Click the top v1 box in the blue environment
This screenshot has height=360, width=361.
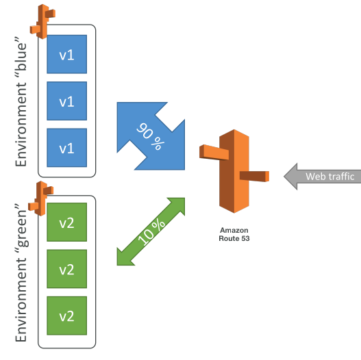tap(66, 54)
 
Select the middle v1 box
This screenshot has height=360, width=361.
tap(66, 101)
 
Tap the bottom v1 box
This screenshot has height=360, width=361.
tap(66, 147)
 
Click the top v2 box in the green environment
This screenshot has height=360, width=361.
tap(66, 222)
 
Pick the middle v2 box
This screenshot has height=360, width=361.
tap(66, 269)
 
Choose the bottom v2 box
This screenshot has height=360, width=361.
tap(66, 316)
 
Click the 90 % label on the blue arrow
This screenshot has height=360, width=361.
tap(150, 136)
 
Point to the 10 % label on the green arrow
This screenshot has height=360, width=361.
tap(151, 232)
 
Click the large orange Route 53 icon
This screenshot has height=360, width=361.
tap(234, 171)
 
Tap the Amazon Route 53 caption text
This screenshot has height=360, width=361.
tap(234, 234)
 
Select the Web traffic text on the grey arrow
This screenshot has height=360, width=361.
tap(330, 177)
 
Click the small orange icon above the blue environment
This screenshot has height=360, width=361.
tap(42, 21)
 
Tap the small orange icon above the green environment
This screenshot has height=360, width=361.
tap(41, 198)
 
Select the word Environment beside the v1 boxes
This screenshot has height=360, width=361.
tap(21, 125)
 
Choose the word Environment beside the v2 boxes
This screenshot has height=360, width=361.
tap(21, 300)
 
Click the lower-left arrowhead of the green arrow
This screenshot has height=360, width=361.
tap(123, 259)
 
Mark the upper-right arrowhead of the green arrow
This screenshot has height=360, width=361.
tap(178, 204)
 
